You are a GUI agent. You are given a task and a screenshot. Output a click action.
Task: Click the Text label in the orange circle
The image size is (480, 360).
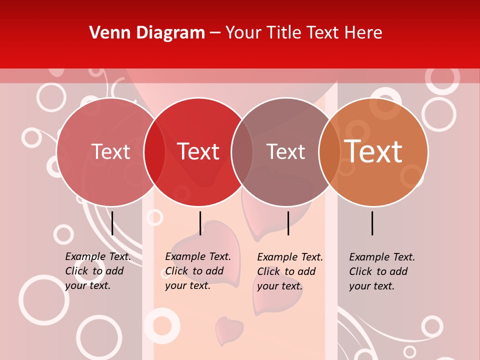[373, 151]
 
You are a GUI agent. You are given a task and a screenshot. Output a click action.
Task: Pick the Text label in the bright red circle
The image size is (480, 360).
[198, 151]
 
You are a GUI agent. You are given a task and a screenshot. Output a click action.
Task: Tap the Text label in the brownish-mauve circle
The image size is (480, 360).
[285, 151]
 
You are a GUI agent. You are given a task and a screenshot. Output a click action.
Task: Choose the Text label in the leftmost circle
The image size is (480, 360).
[111, 151]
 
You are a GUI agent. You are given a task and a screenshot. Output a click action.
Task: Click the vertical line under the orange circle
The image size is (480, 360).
[372, 223]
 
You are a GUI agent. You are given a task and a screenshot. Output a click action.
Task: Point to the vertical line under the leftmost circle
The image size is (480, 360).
[112, 223]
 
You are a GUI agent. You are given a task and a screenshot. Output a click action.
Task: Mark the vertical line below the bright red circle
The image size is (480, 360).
[200, 223]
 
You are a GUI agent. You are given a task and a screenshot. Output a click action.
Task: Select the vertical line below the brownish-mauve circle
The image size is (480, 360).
[288, 223]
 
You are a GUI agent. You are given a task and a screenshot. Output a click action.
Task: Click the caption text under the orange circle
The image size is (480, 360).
[381, 271]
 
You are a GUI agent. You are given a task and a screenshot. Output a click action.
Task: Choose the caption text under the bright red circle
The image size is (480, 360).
[197, 271]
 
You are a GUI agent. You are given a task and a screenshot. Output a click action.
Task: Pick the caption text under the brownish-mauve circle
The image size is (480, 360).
[289, 271]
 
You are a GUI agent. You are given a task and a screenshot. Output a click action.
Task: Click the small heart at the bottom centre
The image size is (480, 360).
[229, 330]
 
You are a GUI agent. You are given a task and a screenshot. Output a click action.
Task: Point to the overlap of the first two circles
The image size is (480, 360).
[154, 151]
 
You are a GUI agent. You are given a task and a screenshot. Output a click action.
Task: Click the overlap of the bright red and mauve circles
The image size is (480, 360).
[242, 151]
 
